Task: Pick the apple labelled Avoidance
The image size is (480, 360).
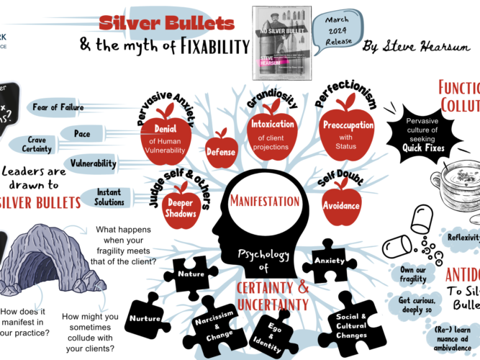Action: (x=341, y=204)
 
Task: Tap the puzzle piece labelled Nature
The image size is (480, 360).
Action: (x=191, y=274)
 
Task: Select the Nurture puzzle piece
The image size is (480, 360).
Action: (x=145, y=319)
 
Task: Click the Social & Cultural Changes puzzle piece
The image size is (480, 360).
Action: (x=351, y=326)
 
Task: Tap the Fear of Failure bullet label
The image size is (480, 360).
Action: (x=60, y=108)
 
